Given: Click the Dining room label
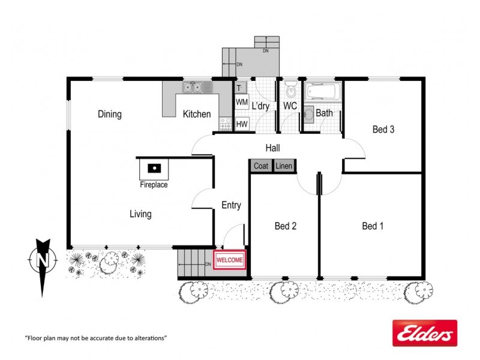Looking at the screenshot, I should pos(110,114).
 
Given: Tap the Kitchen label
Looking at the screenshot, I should pos(197,114).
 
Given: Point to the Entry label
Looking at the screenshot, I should pos(231,205).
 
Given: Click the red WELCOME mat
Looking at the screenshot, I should pos(230,260).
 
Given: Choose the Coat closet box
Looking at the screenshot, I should pos(261,166).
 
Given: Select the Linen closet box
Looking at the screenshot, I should pos(284,166).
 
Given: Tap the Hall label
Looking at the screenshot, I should pos(273,148).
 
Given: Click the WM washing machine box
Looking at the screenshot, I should pos(242,103).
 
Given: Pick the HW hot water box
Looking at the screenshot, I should pos(242,124).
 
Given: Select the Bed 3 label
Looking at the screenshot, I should pos(383,129).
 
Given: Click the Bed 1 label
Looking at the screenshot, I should pos(373,226).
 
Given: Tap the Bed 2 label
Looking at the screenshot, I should pos(286,226).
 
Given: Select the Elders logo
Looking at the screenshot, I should pos(424,332).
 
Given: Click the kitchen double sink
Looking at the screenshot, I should pos(193,88).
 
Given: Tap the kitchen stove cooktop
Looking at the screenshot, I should pos(226,124).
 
